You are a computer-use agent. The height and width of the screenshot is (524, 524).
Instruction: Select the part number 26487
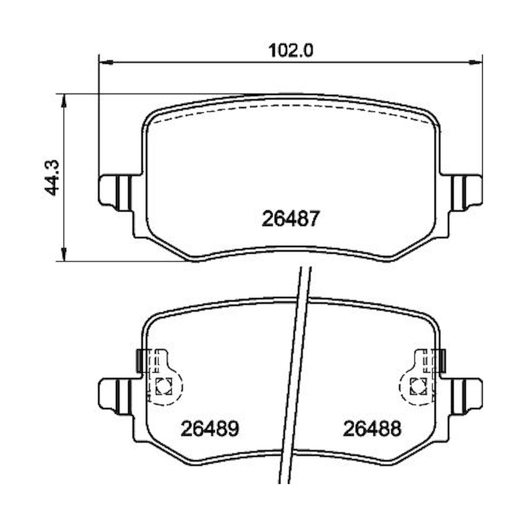290,219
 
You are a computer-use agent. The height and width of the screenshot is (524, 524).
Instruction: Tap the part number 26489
210,428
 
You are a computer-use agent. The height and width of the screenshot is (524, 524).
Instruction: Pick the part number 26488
372,428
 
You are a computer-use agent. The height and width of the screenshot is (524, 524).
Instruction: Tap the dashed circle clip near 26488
417,386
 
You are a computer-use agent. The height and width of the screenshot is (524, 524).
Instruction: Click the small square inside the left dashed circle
163,386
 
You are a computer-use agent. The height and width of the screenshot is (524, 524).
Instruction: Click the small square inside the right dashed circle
418,386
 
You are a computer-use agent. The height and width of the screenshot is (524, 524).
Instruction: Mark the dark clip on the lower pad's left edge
139,360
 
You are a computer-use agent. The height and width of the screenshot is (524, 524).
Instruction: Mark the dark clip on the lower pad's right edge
442,360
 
